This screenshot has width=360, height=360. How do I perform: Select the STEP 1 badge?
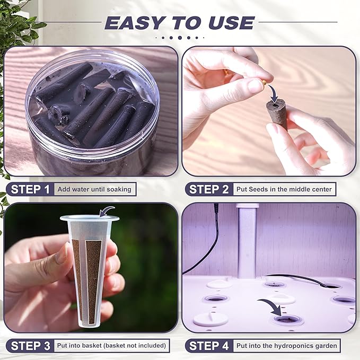pyautogui.click(x=30, y=189)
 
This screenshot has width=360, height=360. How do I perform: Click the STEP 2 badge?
pyautogui.click(x=209, y=189)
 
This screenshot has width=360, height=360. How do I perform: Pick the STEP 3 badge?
pyautogui.click(x=30, y=346)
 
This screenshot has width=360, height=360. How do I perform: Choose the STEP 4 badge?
pyautogui.click(x=209, y=346)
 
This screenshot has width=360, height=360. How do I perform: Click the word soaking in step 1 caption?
pyautogui.click(x=119, y=190)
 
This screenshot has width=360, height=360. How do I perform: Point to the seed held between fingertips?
pyautogui.click(x=264, y=82)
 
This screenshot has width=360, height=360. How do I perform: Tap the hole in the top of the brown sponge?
pyautogui.click(x=275, y=105)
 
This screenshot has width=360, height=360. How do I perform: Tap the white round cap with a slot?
pyautogui.click(x=210, y=319)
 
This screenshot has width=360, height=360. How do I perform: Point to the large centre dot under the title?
pyautogui.click(x=180, y=38)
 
